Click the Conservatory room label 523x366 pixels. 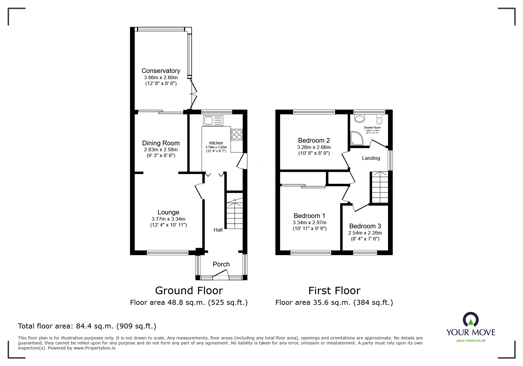click(161, 71)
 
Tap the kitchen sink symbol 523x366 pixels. click(213, 121)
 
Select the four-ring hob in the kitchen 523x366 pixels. click(237, 134)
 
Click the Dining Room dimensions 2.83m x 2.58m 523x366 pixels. click(161, 149)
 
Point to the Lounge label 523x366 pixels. click(168, 212)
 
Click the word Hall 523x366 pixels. click(218, 230)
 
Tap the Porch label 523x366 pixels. click(221, 264)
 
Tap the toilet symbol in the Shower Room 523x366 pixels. click(379, 120)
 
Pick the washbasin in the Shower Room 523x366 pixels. click(359, 119)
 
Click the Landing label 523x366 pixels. click(371, 158)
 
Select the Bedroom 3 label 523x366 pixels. click(365, 226)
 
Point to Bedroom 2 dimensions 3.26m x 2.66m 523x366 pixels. click(314, 147)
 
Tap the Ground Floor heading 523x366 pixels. click(189, 290)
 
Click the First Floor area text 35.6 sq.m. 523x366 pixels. click(334, 302)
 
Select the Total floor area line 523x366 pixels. click(87, 326)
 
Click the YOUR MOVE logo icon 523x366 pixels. click(470, 319)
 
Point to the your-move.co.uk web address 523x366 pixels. click(471, 340)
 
